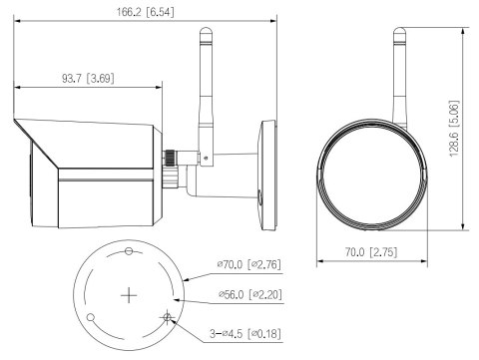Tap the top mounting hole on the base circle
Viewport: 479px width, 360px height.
[x=129, y=250]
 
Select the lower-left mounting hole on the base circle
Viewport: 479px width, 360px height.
[x=90, y=318]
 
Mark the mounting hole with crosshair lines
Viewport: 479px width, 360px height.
[x=168, y=318]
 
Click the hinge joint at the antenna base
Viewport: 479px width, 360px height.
[x=204, y=156]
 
